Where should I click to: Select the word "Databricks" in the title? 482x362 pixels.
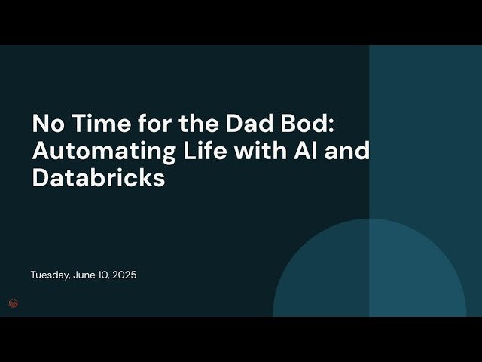98,179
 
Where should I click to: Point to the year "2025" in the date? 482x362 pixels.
124,275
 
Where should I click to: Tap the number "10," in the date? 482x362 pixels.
105,275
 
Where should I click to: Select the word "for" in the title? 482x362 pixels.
145,123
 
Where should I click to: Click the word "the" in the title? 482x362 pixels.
184,123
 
